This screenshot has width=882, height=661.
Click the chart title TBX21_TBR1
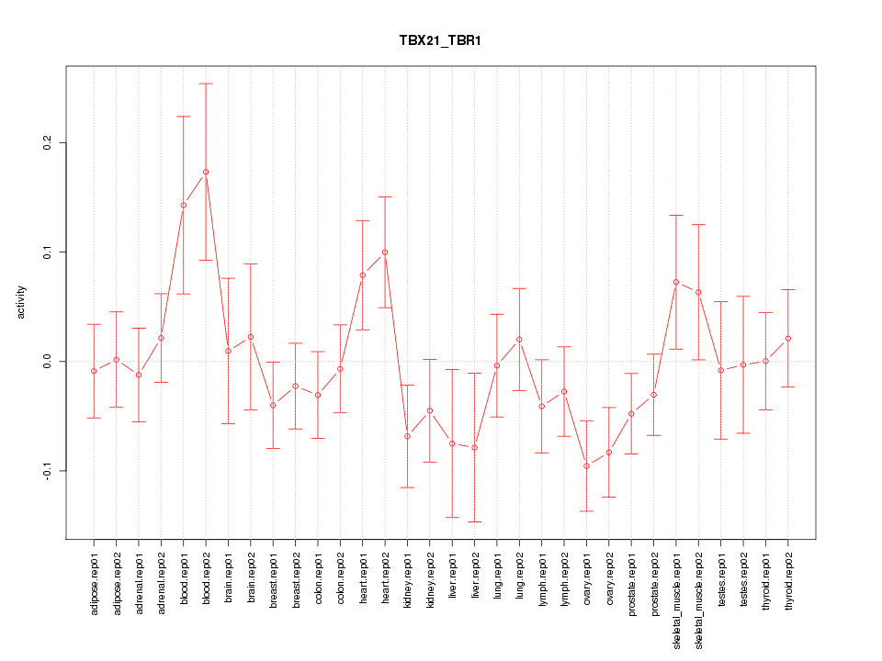440,41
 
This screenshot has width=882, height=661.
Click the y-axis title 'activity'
21,302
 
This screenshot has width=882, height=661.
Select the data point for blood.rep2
206,172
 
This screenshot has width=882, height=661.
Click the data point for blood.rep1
184,206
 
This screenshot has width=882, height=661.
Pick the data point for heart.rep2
385,252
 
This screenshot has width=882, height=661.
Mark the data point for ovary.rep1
586,465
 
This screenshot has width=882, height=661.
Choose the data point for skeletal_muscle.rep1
676,282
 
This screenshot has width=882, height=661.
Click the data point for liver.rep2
475,447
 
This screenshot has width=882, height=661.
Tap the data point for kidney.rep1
407,436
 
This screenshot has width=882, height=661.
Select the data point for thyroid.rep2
788,339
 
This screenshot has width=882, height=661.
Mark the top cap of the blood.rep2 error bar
206,84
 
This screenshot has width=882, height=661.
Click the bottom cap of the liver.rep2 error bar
475,521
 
